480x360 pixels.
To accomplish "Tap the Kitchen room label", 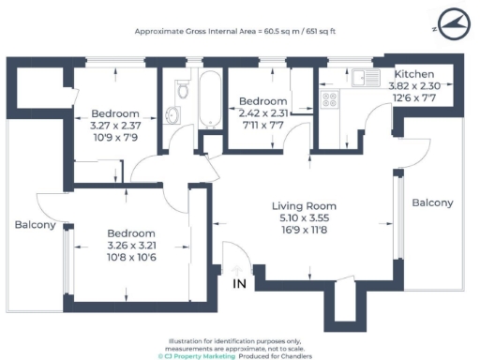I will (412, 74).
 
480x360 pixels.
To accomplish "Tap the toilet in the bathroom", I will (181, 90).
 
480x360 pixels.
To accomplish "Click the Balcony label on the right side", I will (432, 202).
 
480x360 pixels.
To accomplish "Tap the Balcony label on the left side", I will (35, 225).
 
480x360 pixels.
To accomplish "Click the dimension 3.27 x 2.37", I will (114, 125).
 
